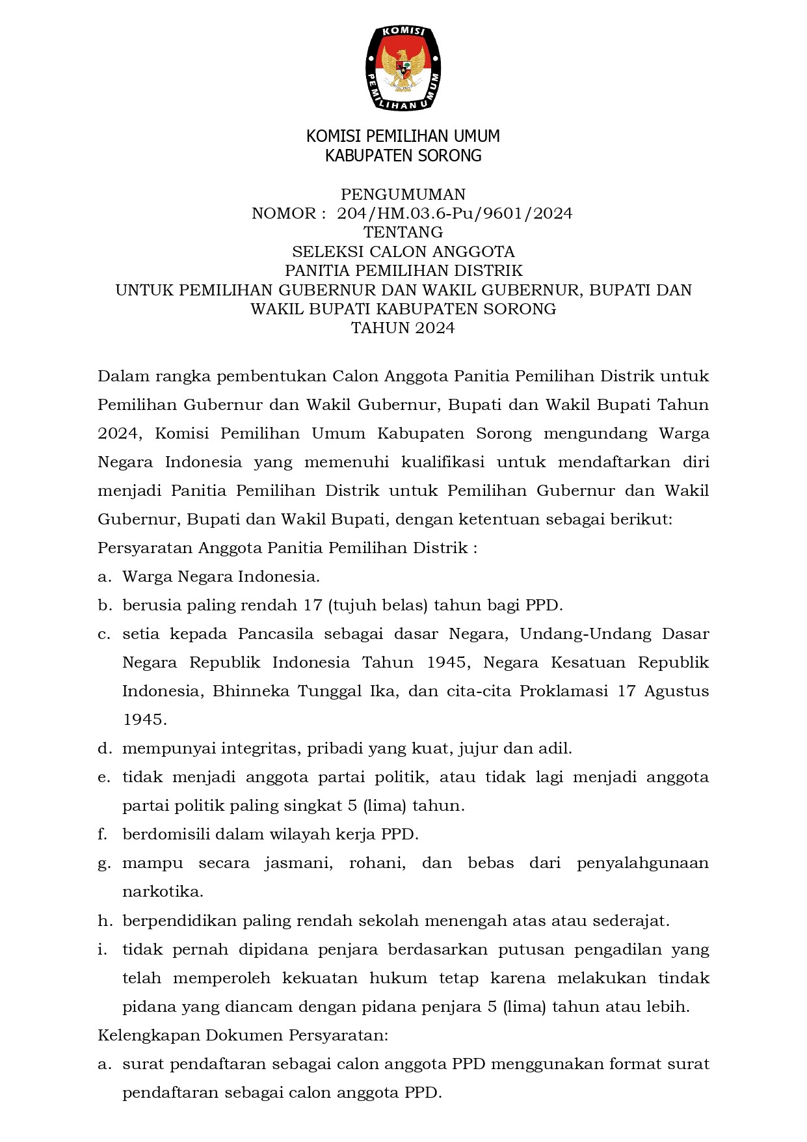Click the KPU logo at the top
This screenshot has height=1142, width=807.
point(403,67)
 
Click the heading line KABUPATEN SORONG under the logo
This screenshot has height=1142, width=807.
point(403,156)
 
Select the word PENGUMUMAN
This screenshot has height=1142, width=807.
point(403,195)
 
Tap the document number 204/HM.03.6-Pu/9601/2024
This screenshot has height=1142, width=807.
point(455,213)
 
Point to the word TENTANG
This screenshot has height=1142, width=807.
point(403,232)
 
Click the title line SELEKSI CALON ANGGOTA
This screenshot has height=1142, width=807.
point(403,252)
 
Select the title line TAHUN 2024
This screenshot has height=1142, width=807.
point(403,328)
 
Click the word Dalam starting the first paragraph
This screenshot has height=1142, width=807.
point(122,376)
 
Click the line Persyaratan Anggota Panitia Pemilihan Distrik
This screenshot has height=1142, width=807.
point(287,548)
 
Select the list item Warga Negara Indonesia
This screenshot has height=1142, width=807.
point(221,577)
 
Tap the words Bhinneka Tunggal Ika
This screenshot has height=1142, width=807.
point(304,691)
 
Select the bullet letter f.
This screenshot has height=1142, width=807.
point(102,834)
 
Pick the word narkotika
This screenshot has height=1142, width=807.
point(163,891)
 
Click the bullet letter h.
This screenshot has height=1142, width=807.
point(104,921)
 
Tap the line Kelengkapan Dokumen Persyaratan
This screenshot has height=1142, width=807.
point(243,1035)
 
